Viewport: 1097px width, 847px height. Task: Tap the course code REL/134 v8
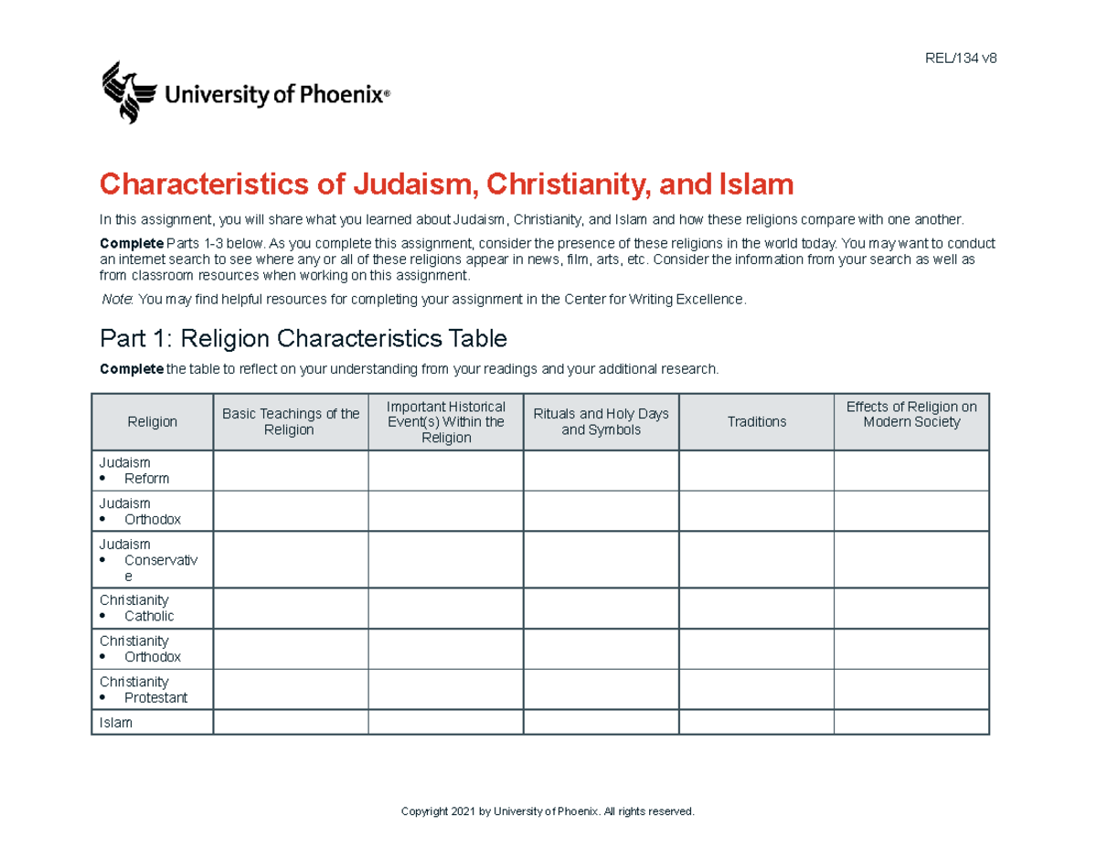tap(961, 58)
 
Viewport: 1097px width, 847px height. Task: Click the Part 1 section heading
tap(303, 339)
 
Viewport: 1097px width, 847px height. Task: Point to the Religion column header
tap(152, 422)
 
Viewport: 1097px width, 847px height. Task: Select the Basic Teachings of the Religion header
tap(291, 422)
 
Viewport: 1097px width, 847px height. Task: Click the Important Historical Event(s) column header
tap(446, 422)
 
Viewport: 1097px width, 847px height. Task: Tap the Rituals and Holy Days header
tap(601, 422)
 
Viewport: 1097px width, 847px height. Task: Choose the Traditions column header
tap(756, 422)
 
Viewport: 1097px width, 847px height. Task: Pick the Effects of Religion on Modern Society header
tap(911, 415)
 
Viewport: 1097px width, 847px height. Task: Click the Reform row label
tap(146, 479)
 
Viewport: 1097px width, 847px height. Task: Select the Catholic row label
tap(148, 616)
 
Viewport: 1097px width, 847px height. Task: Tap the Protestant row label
tap(155, 698)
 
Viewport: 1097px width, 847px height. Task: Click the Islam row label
tap(116, 723)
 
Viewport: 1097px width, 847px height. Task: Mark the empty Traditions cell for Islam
tap(756, 723)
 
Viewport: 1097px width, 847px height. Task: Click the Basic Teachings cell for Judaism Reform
tap(291, 471)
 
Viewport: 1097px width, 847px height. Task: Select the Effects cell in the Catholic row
tap(911, 608)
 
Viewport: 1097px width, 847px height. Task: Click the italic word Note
tap(117, 300)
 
